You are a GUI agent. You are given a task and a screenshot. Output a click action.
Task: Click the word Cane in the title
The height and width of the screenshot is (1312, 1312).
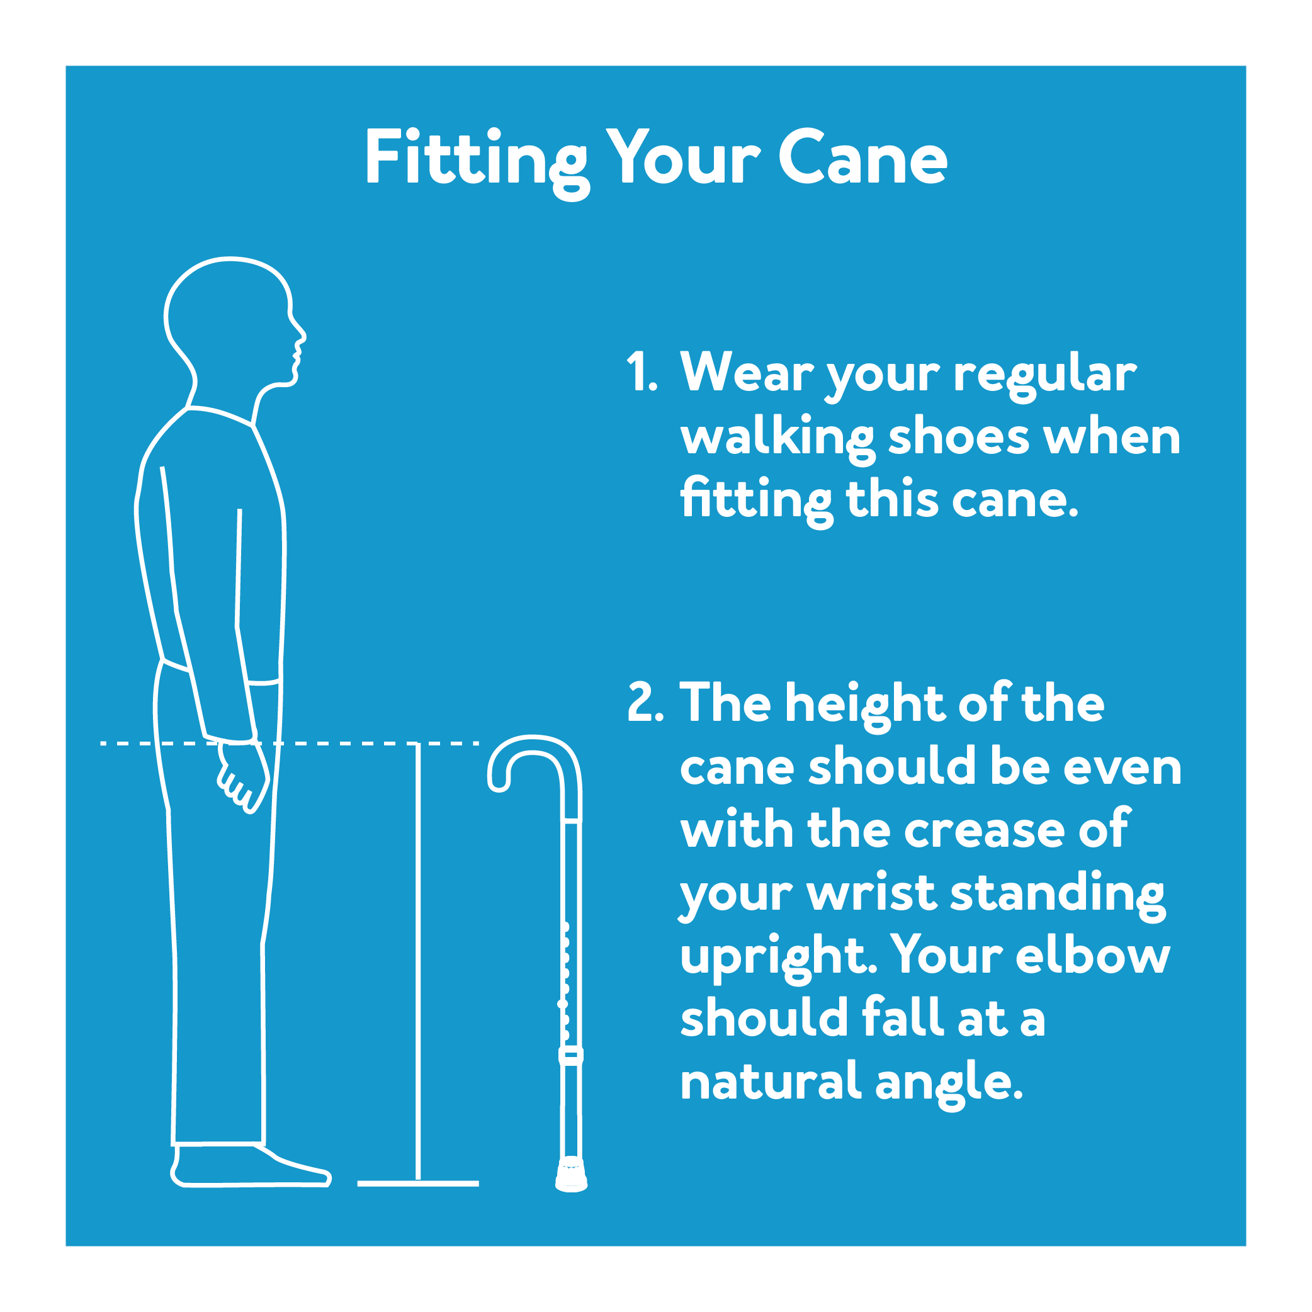[x=862, y=158]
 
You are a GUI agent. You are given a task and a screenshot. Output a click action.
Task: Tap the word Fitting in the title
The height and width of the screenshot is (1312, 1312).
[x=475, y=159]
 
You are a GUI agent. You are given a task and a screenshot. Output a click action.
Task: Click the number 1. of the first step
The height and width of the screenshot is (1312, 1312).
[x=641, y=372]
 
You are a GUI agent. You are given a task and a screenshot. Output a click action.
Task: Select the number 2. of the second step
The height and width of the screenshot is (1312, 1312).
[x=645, y=702]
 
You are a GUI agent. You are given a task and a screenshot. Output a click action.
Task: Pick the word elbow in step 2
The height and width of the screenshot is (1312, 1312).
[x=1093, y=956]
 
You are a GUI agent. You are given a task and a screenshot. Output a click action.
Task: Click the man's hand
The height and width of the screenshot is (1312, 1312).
[x=243, y=778]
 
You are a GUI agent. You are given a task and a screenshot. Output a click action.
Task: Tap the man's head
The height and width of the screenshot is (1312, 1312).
[x=227, y=316]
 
